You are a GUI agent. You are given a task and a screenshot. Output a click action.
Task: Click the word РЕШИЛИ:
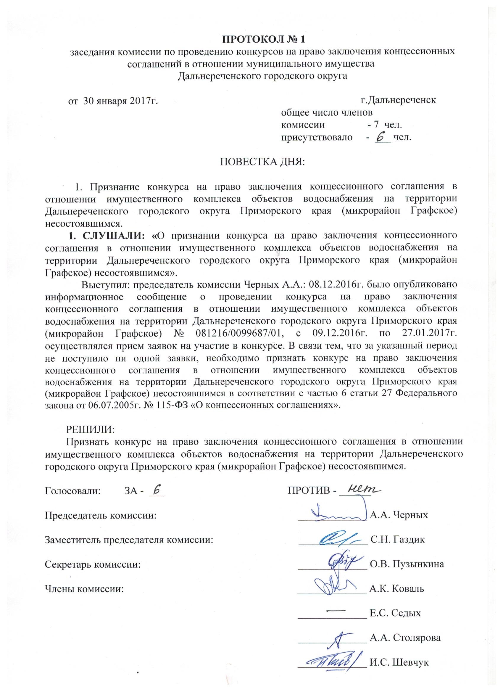click(90, 429)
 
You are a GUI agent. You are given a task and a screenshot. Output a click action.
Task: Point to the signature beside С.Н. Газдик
click(337, 539)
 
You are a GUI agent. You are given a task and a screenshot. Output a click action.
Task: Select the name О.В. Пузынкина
click(407, 564)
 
